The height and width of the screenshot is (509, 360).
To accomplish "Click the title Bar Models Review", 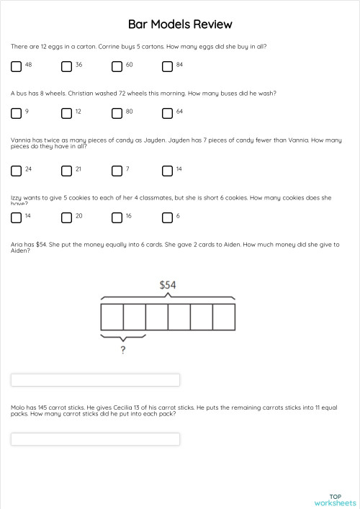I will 180,24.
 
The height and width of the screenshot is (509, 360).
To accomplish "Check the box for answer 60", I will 117,66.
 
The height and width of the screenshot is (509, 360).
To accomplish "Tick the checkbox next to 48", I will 16,66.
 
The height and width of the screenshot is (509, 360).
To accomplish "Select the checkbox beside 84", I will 167,66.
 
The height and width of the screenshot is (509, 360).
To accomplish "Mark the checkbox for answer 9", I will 16,113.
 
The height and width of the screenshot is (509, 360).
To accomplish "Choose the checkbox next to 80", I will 117,113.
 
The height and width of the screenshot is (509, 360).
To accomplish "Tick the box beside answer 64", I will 167,113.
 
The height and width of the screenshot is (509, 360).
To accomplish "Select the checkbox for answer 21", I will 66,171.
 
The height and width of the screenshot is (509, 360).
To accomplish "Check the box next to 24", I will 16,171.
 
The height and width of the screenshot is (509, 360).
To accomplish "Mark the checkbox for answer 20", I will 66,217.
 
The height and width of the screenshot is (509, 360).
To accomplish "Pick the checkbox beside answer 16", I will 117,217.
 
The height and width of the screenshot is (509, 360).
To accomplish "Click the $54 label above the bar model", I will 167,285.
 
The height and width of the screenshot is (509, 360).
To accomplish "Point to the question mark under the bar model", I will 123,351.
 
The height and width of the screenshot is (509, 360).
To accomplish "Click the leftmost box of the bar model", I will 112,317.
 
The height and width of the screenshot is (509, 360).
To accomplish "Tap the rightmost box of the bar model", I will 223,317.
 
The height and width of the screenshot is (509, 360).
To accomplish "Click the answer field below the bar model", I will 95,379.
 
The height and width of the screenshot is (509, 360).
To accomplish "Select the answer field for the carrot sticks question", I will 95,438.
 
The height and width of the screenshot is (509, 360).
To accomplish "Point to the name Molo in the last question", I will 18,407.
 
